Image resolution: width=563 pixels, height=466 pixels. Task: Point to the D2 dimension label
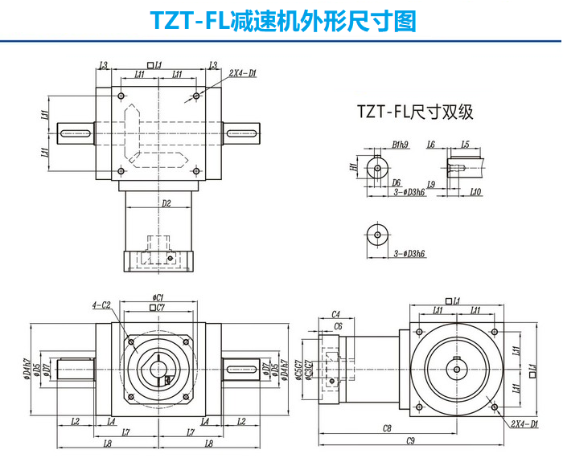click(165, 204)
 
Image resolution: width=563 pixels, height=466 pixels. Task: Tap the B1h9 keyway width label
click(401, 145)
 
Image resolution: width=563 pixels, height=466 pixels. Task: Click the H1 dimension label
click(353, 167)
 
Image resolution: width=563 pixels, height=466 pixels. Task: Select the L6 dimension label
click(453, 145)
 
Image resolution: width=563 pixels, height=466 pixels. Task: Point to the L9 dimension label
click(454, 185)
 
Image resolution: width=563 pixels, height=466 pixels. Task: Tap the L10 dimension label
click(475, 194)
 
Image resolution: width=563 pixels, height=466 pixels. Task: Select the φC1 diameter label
click(158, 297)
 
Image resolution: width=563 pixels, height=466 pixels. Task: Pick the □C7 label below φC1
click(158, 308)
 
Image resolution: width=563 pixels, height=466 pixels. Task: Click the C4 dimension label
click(336, 314)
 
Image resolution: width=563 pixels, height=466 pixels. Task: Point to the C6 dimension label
click(338, 326)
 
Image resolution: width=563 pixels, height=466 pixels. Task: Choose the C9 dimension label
click(409, 440)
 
